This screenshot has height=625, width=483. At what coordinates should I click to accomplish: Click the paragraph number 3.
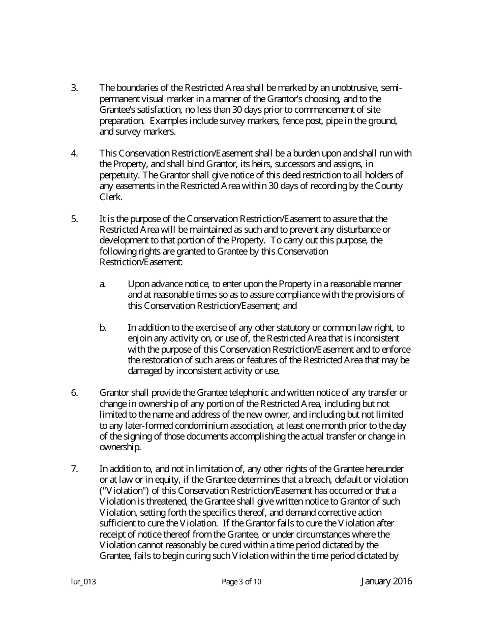(74, 87)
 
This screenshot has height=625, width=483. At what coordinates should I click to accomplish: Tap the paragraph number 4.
(74, 153)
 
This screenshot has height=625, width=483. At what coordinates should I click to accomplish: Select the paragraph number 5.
(74, 218)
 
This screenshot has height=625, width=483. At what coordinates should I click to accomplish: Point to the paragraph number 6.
(74, 393)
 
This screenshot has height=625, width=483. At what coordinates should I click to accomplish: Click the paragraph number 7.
(74, 469)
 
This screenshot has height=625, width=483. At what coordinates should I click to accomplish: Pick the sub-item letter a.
(103, 284)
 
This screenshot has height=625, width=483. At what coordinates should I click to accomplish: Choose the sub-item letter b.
(103, 328)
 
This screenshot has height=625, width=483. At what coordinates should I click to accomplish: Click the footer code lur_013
(83, 582)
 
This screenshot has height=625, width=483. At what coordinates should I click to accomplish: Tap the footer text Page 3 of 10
(242, 582)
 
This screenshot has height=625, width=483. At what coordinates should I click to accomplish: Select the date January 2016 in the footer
(386, 581)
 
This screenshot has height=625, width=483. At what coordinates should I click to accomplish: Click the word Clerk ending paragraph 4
(110, 197)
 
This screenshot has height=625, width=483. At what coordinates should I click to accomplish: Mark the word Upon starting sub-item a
(138, 284)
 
